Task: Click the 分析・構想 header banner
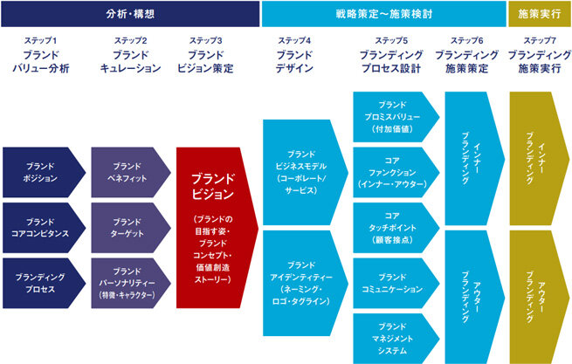pos(130,14)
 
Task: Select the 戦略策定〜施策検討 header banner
pos(383,14)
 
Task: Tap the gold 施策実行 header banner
pos(540,14)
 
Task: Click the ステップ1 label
pos(40,40)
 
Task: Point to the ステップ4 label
pos(294,40)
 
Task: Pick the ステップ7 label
pos(540,40)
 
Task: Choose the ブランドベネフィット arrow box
pos(131,173)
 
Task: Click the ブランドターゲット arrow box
pos(131,228)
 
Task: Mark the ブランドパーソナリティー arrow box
pos(131,284)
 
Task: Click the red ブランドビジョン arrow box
pos(217,228)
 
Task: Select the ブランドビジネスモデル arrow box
pos(306,173)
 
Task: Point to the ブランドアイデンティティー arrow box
pos(306,284)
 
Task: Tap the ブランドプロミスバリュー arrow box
pos(396,117)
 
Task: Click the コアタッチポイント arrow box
pos(396,228)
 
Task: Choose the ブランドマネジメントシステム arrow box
pos(396,339)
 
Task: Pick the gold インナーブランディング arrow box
pos(539,159)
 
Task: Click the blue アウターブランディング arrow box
pos(474,297)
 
